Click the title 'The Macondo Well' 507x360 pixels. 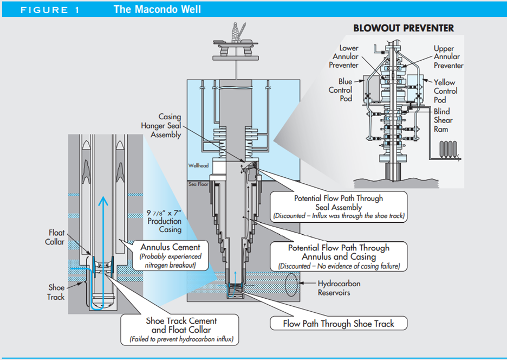click(157, 10)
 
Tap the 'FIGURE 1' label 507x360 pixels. click(50, 10)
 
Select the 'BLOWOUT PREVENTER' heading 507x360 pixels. click(404, 28)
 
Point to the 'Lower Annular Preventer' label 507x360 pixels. click(345, 56)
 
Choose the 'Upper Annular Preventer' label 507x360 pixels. click(448, 57)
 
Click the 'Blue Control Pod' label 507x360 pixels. click(341, 90)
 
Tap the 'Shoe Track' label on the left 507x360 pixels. click(56, 292)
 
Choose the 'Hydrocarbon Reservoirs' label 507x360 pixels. click(339, 288)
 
